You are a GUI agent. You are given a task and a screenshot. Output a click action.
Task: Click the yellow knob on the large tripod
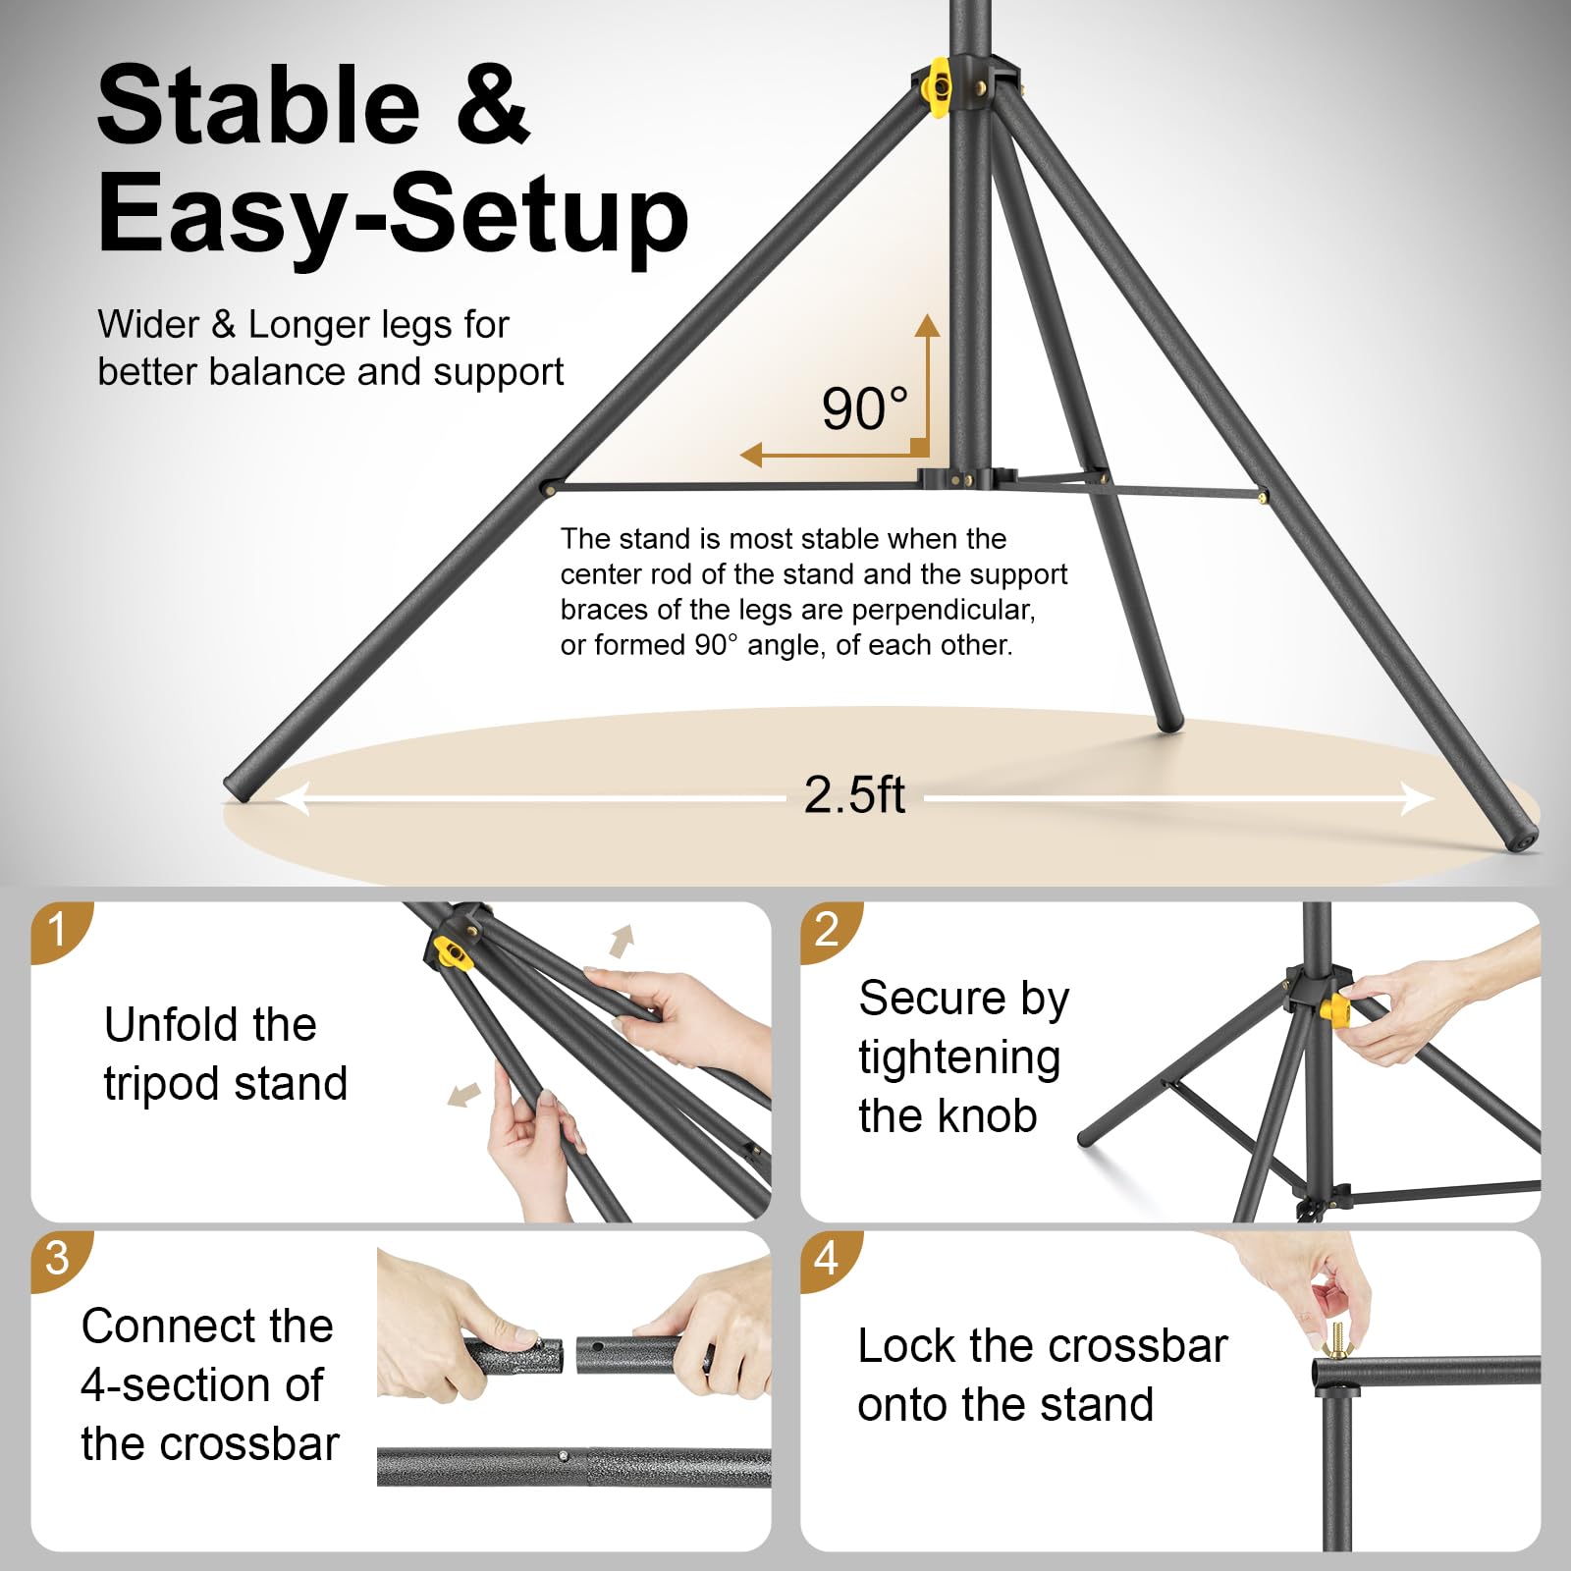pyautogui.click(x=941, y=87)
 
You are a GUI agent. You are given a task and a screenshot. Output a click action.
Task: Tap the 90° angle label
pyautogui.click(x=865, y=409)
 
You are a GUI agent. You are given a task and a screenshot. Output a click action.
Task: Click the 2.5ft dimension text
pyautogui.click(x=854, y=794)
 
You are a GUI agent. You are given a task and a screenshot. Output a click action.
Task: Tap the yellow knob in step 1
pyautogui.click(x=451, y=951)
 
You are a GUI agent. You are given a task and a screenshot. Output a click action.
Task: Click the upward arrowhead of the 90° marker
pyautogui.click(x=927, y=326)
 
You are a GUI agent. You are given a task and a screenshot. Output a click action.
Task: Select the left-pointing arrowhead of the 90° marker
pyautogui.click(x=751, y=455)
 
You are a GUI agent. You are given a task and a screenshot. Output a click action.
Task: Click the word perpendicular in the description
pyautogui.click(x=943, y=610)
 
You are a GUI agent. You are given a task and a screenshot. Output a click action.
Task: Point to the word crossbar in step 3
pyautogui.click(x=210, y=1443)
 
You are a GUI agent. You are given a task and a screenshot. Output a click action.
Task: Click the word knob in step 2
pyautogui.click(x=987, y=1115)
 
